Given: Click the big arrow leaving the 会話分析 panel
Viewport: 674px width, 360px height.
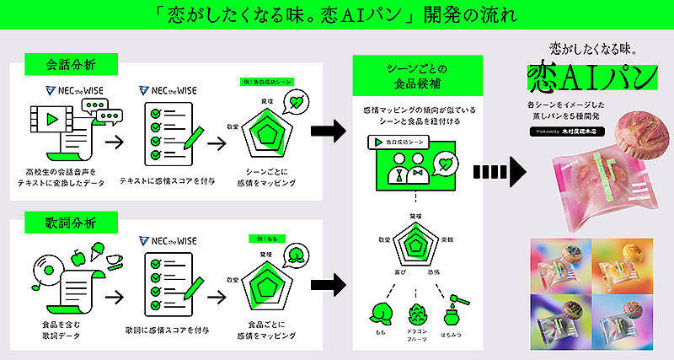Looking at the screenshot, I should coord(328,131).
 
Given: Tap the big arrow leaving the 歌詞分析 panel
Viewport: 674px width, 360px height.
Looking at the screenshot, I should coord(328,284).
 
